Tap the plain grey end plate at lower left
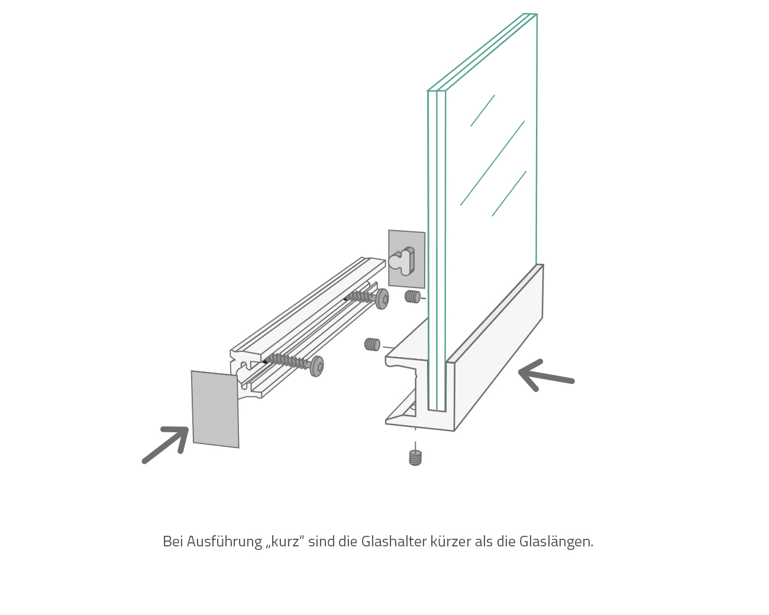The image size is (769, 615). point(215,409)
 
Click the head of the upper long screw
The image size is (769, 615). point(383,299)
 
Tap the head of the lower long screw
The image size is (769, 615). point(318,367)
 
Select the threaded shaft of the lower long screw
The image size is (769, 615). point(287,360)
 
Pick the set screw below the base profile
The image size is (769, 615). point(415,458)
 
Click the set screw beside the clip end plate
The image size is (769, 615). point(412,296)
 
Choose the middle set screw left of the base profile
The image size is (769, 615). point(372,344)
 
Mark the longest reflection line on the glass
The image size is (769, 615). point(492,163)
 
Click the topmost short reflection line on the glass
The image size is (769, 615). point(483,111)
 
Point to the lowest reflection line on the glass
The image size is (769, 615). point(509,194)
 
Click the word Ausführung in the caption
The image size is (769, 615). point(224,542)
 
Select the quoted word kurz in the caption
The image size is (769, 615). point(285,542)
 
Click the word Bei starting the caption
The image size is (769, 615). point(173,542)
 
